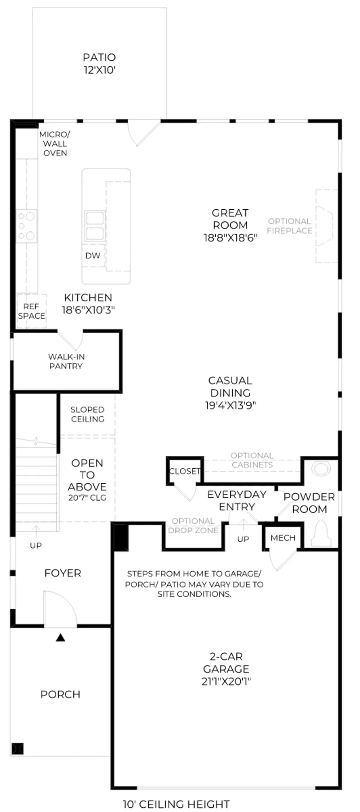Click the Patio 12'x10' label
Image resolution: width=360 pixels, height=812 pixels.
pyautogui.click(x=99, y=64)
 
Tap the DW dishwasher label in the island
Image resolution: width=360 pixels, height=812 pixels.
pyautogui.click(x=93, y=256)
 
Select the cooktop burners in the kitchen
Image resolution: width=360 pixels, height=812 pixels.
pyautogui.click(x=27, y=226)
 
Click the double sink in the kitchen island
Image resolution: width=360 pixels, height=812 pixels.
pyautogui.click(x=95, y=226)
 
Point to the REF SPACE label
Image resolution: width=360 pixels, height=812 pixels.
pyautogui.click(x=31, y=311)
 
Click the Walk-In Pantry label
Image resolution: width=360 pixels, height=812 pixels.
pyautogui.click(x=66, y=361)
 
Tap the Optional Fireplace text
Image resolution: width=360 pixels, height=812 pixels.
pyautogui.click(x=289, y=226)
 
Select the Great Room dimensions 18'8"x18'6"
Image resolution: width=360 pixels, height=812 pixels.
pyautogui.click(x=231, y=237)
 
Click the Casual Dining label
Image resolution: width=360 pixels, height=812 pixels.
pyautogui.click(x=230, y=387)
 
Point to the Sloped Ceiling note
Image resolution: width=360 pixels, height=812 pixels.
pyautogui.click(x=87, y=414)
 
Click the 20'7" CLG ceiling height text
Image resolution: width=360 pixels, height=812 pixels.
pyautogui.click(x=87, y=498)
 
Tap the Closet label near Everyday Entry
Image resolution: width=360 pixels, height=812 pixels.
pyautogui.click(x=185, y=471)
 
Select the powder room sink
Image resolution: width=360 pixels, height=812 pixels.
pyautogui.click(x=321, y=468)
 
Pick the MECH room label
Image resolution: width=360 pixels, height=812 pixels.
pyautogui.click(x=283, y=538)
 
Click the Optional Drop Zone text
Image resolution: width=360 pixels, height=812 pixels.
pyautogui.click(x=193, y=525)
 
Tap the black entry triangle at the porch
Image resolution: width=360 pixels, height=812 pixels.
pyautogui.click(x=60, y=638)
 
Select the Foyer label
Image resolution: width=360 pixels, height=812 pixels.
pyautogui.click(x=63, y=573)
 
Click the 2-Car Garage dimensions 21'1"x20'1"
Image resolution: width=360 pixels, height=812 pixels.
pyautogui.click(x=226, y=681)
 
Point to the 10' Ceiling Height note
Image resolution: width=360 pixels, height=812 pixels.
pyautogui.click(x=176, y=804)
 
